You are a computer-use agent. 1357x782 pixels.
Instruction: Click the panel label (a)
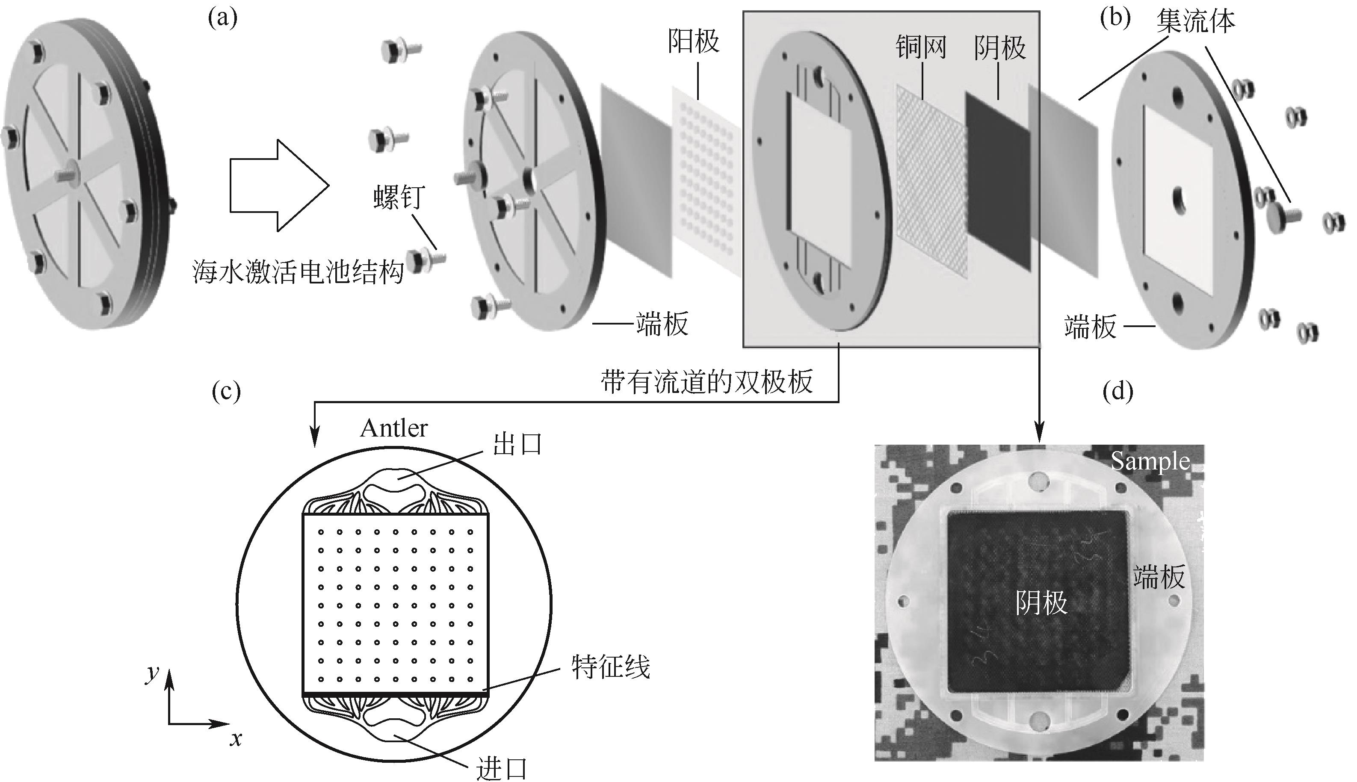click(x=222, y=19)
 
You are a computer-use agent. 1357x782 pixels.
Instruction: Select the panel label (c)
click(x=226, y=392)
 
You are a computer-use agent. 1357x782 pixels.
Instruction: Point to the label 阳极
click(x=693, y=41)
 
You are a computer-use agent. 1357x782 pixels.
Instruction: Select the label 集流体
click(x=1196, y=21)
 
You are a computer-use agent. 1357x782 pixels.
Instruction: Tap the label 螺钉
click(x=399, y=197)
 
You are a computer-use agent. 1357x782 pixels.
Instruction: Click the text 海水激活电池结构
click(x=298, y=272)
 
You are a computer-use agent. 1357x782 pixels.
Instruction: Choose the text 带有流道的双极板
click(x=707, y=382)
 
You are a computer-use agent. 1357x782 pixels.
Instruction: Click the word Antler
click(x=394, y=428)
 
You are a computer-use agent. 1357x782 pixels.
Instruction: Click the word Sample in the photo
click(x=1150, y=461)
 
